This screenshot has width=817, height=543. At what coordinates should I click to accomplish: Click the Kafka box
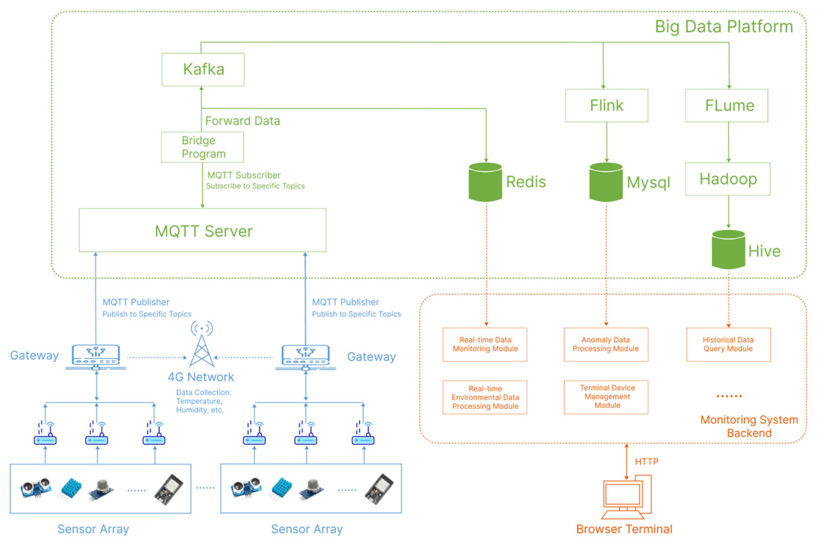coord(203,69)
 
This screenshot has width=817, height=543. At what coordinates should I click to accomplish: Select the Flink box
coord(606,105)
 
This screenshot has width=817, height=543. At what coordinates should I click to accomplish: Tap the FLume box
coord(726,105)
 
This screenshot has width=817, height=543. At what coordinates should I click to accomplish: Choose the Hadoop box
coord(728,179)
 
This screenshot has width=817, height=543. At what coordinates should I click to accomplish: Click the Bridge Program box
coord(202,147)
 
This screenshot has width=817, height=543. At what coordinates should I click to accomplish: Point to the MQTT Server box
coord(202,230)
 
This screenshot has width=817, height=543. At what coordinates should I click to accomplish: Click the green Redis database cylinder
coord(485,182)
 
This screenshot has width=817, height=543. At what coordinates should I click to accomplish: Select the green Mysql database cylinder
coord(606,182)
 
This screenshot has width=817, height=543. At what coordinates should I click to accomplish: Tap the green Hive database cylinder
coord(728,249)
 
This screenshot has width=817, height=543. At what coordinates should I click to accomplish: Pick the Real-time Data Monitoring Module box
coord(485,344)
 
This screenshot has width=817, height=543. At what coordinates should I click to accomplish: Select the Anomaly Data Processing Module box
coord(605,344)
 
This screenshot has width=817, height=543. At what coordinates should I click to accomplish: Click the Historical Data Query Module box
coord(728,344)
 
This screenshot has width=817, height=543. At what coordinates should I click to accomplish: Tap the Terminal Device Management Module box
coord(605,397)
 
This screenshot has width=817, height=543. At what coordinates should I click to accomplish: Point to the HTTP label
coord(646,462)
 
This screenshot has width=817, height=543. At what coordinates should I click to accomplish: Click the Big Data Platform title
coord(723,27)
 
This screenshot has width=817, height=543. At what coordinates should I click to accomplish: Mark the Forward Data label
coord(242,121)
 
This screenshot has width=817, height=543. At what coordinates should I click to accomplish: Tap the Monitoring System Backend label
coord(749,426)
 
